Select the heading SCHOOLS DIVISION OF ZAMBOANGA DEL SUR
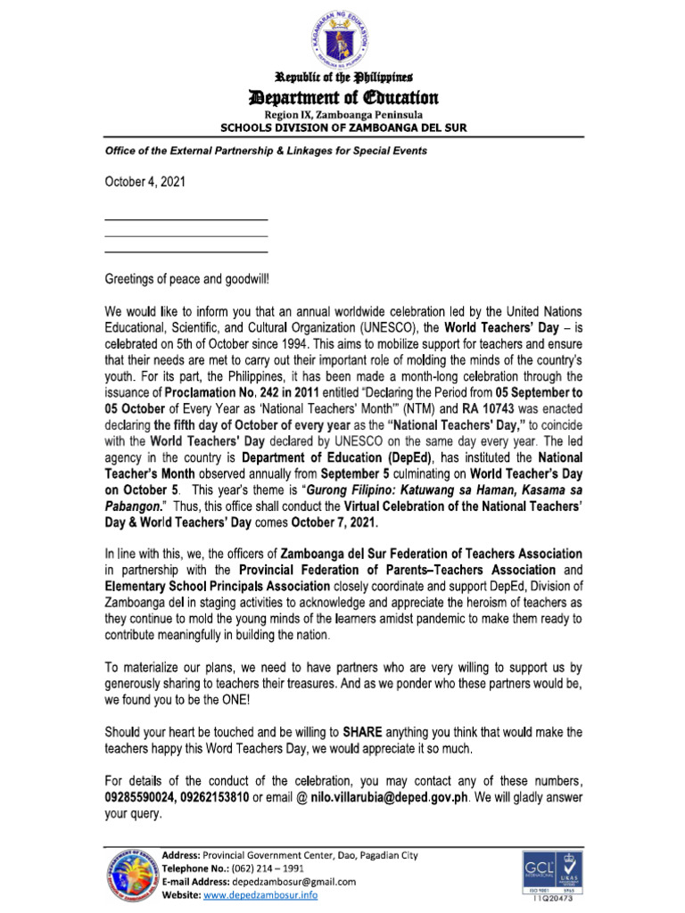pos(343,127)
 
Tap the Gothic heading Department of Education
pos(342,96)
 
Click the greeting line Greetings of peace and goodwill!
pos(186,279)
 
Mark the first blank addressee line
pos(186,218)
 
